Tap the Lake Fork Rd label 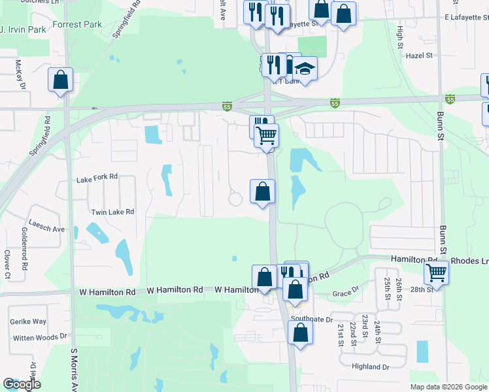point(97,177)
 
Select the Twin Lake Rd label point(112,212)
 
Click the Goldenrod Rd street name point(24,250)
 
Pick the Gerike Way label point(28,321)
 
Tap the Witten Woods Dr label point(41,336)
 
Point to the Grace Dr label point(346,293)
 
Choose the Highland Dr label point(370,367)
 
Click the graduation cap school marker point(304,68)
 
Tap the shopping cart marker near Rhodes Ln point(436,272)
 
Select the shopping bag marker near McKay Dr point(60,80)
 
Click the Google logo point(22,384)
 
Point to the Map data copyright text point(448,387)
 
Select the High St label point(399,38)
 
